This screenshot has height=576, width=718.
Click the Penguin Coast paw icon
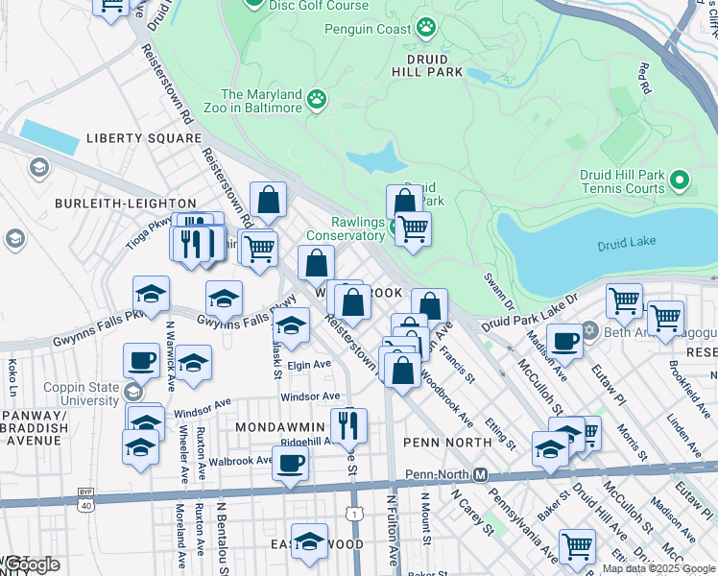coord(425,28)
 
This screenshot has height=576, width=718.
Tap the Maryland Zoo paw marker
coord(316,98)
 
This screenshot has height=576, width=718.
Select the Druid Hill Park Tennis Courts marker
coord(680,180)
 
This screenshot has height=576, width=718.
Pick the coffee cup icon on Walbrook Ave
coord(290,463)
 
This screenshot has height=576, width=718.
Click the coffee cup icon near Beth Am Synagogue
coord(564,340)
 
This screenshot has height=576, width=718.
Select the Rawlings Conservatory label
coord(346,228)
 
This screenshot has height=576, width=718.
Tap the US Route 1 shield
coord(355,516)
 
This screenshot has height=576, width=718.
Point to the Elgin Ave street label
coord(309,365)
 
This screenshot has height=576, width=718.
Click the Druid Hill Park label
coord(427,64)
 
